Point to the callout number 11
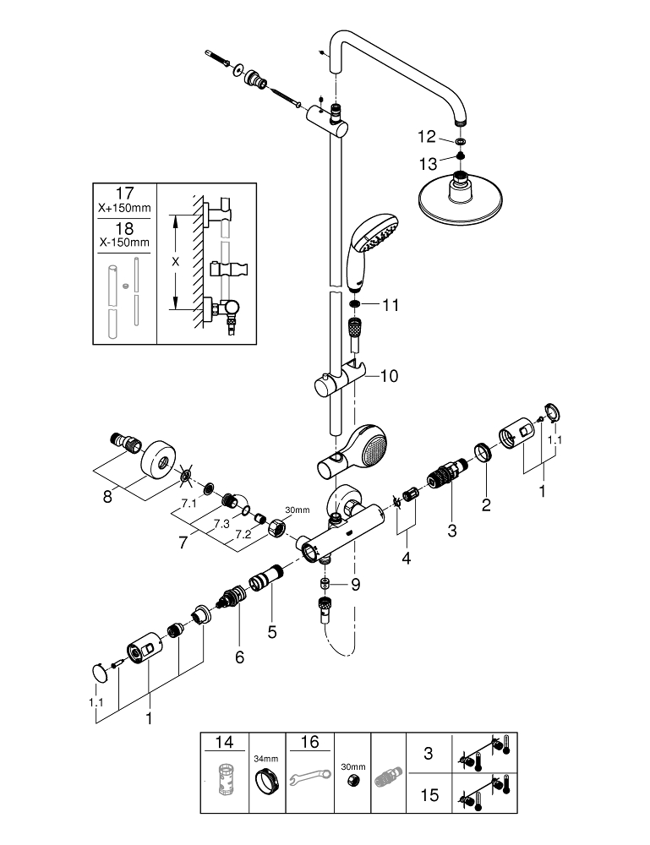pyautogui.click(x=390, y=304)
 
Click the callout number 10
pyautogui.click(x=390, y=375)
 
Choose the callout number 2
pyautogui.click(x=485, y=506)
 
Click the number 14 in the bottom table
pyautogui.click(x=224, y=744)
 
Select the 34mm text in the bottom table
pyautogui.click(x=266, y=758)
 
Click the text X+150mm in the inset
pyautogui.click(x=124, y=208)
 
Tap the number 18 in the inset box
pyautogui.click(x=124, y=228)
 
